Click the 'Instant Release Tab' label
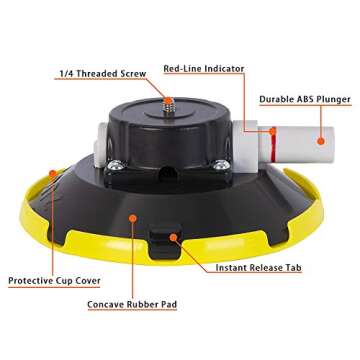coord(259,268)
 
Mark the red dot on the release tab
coord(173,237)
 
